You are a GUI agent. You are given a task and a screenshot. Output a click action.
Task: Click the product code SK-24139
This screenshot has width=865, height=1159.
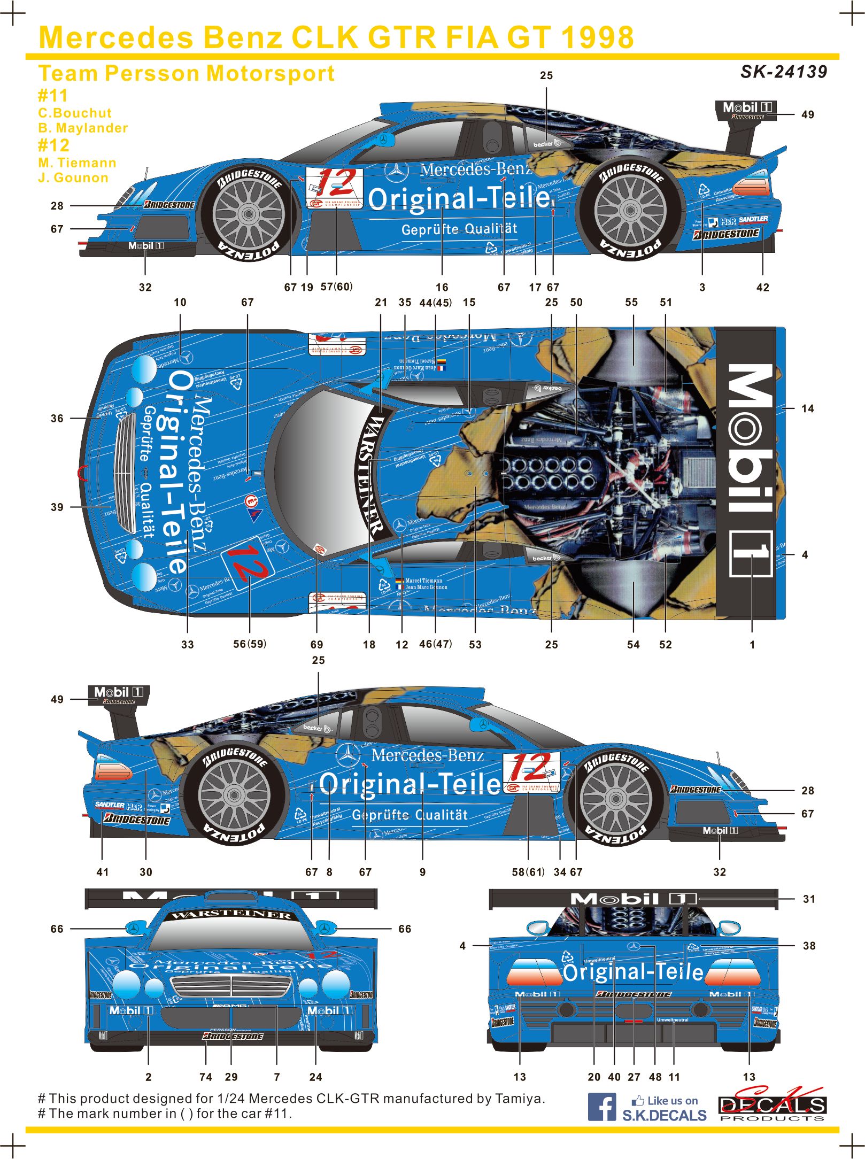[783, 72]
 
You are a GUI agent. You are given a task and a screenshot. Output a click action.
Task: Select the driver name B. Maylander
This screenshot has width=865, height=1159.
[83, 128]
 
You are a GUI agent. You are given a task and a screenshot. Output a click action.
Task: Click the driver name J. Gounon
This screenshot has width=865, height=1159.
[73, 177]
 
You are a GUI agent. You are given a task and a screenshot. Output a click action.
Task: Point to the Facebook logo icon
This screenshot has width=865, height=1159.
[601, 1107]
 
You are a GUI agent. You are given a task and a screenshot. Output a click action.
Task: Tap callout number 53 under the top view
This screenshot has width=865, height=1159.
[475, 645]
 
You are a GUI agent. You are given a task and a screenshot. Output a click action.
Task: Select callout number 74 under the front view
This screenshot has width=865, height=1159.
[206, 1077]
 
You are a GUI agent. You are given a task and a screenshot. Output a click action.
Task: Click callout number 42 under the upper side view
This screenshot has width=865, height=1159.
[762, 288]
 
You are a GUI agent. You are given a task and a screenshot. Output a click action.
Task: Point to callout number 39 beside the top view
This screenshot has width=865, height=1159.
[57, 507]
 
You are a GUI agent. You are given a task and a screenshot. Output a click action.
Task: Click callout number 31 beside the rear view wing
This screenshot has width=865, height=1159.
[809, 899]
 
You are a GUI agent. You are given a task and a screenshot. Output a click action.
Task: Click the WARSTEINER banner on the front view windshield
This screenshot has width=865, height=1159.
[231, 915]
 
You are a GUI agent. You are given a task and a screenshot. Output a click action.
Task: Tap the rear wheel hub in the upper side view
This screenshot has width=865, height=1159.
[630, 210]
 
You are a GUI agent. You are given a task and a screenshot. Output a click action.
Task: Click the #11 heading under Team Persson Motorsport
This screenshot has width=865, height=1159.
[53, 96]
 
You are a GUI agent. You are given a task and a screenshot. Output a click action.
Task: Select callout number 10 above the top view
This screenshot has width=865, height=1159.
[180, 303]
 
